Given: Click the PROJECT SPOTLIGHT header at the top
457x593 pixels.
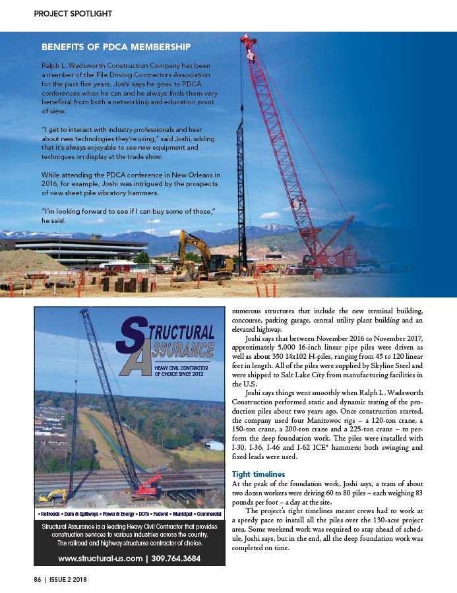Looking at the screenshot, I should (x=73, y=13).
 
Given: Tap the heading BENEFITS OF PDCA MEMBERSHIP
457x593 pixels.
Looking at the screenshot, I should (x=116, y=47).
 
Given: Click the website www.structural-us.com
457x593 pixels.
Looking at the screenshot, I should (x=100, y=559).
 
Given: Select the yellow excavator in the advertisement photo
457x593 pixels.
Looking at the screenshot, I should (x=53, y=495).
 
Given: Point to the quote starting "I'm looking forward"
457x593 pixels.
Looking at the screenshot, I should (x=129, y=214).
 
